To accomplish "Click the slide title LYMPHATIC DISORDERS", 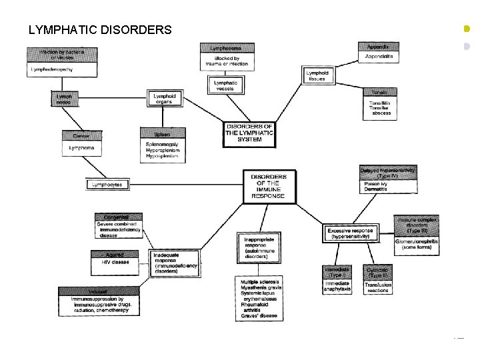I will (x=100, y=30).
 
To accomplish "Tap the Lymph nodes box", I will (x=65, y=99).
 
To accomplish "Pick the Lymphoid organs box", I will (x=164, y=99).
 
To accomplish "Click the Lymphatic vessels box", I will (x=225, y=85).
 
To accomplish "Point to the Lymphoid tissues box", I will (x=317, y=75).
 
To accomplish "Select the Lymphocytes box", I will (x=107, y=184).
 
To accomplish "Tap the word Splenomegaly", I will (x=162, y=144).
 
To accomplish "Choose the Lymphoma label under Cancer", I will (x=82, y=147).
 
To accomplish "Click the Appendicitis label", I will (x=379, y=57).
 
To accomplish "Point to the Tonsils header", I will (x=379, y=92).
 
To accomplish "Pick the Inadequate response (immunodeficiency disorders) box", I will (x=175, y=263).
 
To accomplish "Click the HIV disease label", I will (x=111, y=262).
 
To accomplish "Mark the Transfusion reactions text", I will (x=378, y=287).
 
